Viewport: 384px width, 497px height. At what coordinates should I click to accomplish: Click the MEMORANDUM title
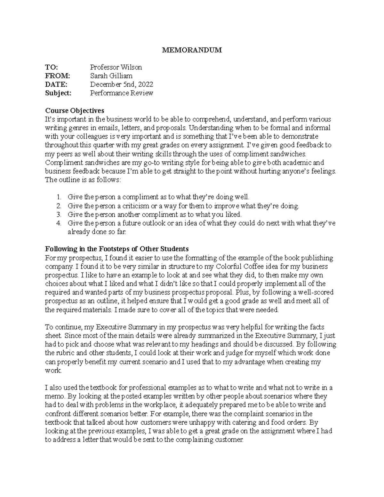192,50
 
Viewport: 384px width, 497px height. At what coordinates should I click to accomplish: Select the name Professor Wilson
116,67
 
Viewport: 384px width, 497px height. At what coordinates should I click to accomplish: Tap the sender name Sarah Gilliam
111,76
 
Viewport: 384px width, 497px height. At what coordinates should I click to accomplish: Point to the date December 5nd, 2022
121,84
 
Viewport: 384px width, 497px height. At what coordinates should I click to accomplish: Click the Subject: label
58,93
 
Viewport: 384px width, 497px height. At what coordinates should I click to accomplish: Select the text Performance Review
121,93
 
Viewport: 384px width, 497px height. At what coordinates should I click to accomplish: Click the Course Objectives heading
75,111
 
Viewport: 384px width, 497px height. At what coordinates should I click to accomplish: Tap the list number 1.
58,197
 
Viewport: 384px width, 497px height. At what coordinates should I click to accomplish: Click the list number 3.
58,214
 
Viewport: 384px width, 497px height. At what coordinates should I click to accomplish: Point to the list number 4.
58,223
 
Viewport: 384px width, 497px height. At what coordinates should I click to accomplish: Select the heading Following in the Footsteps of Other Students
117,249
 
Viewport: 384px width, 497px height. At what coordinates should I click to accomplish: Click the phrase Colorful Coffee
235,267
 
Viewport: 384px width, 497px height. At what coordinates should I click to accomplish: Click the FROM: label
57,76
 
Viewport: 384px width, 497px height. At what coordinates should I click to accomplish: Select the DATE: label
56,84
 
